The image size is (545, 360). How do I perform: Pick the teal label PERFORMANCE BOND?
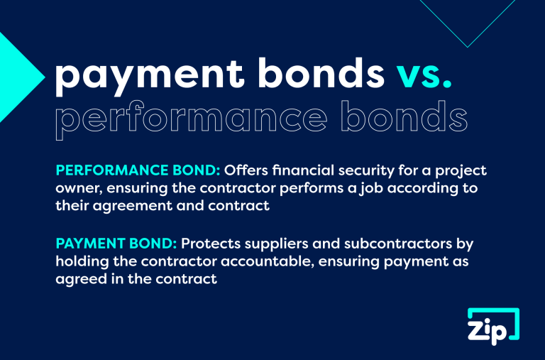pyautogui.click(x=138, y=173)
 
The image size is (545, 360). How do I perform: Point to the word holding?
pyautogui.click(x=79, y=261)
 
